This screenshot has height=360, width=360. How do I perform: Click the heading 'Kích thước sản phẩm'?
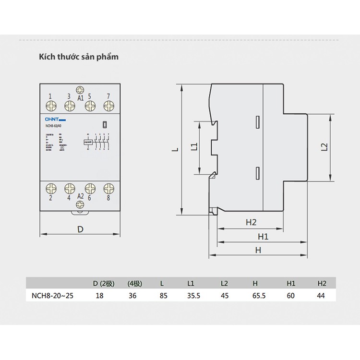tap(78, 57)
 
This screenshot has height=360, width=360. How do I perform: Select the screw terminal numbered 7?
tap(109, 105)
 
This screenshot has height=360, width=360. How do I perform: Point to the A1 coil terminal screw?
tap(80, 89)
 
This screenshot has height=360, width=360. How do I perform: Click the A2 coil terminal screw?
tap(80, 204)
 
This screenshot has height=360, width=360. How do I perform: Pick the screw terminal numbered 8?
tap(109, 188)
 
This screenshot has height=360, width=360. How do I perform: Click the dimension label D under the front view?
tap(80, 229)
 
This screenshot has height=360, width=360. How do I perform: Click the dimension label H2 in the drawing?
tap(252, 222)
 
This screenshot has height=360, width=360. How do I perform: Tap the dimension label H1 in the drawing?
tap(263, 236)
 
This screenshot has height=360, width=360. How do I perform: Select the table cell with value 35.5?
tap(194, 296)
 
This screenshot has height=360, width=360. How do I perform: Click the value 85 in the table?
tap(164, 296)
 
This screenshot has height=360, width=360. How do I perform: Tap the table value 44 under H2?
tap(321, 296)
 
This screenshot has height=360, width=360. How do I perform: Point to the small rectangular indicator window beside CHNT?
tap(104, 124)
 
